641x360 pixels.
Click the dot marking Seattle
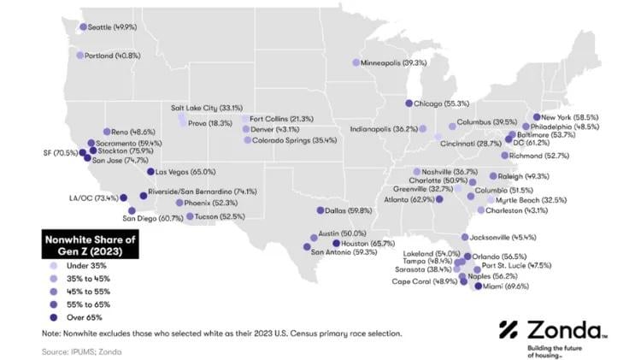(x=83, y=27)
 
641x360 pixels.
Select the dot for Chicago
(x=409, y=103)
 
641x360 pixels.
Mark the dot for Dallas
(x=320, y=210)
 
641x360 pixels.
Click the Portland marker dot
(x=80, y=56)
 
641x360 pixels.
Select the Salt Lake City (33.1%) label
(x=207, y=108)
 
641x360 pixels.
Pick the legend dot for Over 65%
(x=56, y=316)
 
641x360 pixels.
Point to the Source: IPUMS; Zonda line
(x=81, y=351)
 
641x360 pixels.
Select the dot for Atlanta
(x=439, y=199)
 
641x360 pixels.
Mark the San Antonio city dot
(x=306, y=247)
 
